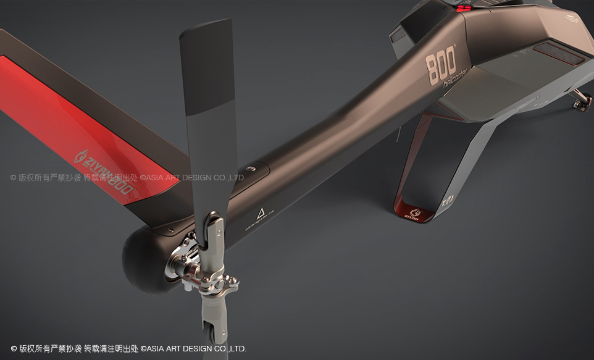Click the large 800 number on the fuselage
(441, 65)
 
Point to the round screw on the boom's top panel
(251, 168)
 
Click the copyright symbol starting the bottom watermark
(14, 349)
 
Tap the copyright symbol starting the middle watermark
(14, 178)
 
